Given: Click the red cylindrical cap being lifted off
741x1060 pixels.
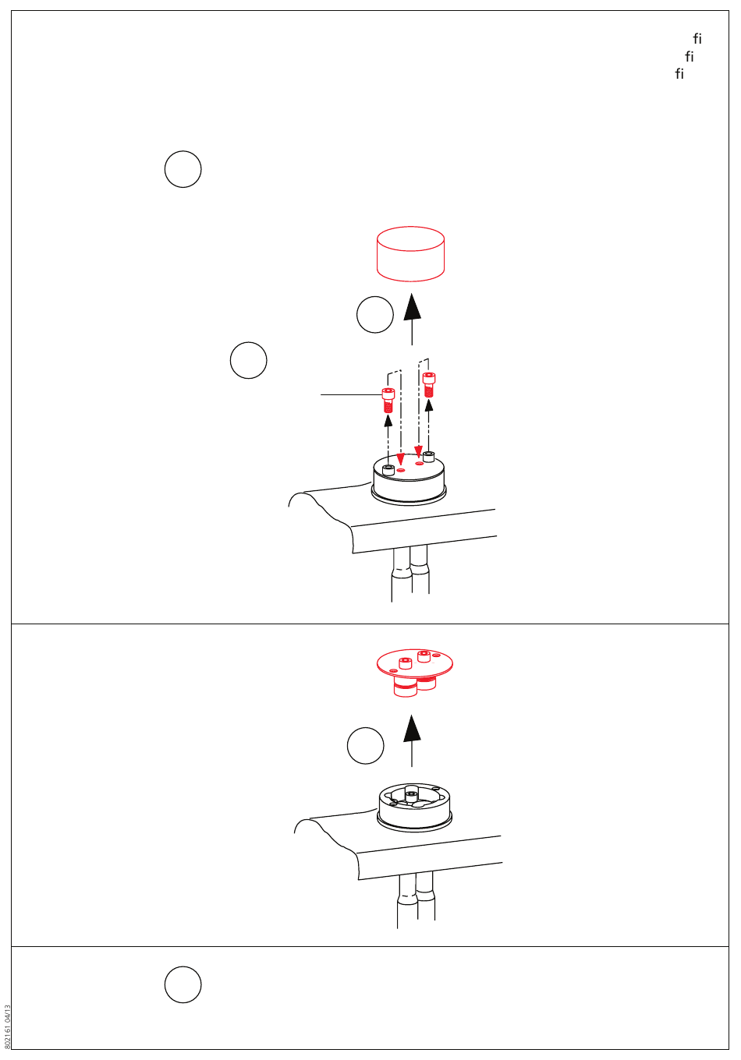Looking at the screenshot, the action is pyautogui.click(x=410, y=253).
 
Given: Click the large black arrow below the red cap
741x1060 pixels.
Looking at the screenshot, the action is pyautogui.click(x=412, y=319).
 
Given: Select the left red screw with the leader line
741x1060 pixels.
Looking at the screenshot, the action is pyautogui.click(x=388, y=400).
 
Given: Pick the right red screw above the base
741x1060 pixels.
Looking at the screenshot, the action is pyautogui.click(x=428, y=385).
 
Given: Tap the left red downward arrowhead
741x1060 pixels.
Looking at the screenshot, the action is pyautogui.click(x=401, y=459).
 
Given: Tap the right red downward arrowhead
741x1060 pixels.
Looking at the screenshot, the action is pyautogui.click(x=418, y=451).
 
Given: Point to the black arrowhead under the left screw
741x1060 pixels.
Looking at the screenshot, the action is pyautogui.click(x=388, y=420).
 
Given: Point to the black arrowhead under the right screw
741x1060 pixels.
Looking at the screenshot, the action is pyautogui.click(x=428, y=405).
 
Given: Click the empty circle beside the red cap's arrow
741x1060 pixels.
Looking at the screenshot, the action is pyautogui.click(x=375, y=315).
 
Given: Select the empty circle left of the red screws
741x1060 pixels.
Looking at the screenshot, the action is pyautogui.click(x=249, y=360).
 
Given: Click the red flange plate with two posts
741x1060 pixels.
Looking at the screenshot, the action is pyautogui.click(x=414, y=673).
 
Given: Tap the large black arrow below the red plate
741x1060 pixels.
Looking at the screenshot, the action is pyautogui.click(x=412, y=740).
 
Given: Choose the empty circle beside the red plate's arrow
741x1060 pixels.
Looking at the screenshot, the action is pyautogui.click(x=366, y=745).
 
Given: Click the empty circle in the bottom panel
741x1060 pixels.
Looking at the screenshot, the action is pyautogui.click(x=183, y=984).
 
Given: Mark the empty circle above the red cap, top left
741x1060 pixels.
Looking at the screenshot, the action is pyautogui.click(x=183, y=169).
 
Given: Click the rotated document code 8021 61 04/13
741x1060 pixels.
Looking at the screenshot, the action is pyautogui.click(x=6, y=1026).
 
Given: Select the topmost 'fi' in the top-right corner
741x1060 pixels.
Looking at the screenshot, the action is pyautogui.click(x=697, y=38).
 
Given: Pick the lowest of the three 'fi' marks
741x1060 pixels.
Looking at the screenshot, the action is pyautogui.click(x=679, y=73).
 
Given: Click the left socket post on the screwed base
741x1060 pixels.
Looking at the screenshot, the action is pyautogui.click(x=388, y=470).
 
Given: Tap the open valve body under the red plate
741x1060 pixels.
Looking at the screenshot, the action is pyautogui.click(x=415, y=807).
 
